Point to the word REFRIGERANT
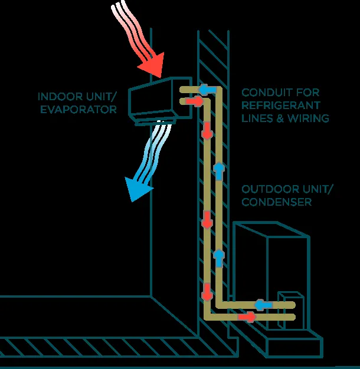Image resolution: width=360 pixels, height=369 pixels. [280, 106]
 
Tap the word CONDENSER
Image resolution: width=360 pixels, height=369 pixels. [276, 202]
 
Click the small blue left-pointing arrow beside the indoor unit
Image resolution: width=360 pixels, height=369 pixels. [207, 90]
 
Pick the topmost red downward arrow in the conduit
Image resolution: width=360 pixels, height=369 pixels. [207, 130]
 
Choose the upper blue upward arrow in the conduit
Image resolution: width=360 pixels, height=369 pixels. [219, 171]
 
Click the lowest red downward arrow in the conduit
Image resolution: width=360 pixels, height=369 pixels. [207, 291]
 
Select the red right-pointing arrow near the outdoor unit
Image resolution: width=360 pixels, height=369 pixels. [248, 317]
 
